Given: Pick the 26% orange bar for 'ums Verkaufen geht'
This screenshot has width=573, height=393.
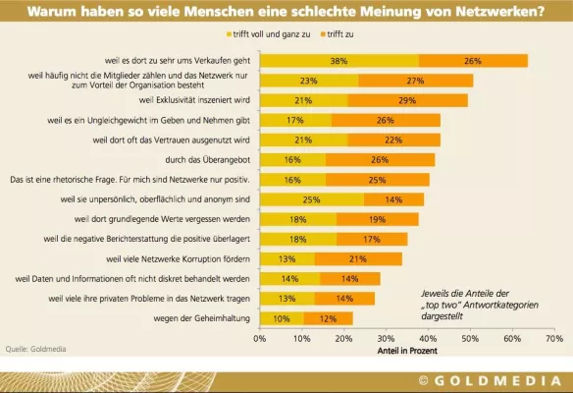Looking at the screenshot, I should click(x=473, y=61).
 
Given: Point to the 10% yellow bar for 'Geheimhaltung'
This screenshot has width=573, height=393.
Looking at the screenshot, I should click(x=281, y=318).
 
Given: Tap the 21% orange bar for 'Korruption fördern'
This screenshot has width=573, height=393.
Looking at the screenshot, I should click(x=358, y=259).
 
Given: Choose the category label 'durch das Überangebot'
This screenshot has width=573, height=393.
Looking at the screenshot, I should click(x=209, y=160).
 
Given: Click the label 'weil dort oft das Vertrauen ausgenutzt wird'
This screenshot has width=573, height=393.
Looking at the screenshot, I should click(x=170, y=140).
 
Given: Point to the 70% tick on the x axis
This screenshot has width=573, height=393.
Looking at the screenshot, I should click(x=553, y=337).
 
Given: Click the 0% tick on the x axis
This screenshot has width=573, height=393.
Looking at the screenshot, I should click(x=260, y=337).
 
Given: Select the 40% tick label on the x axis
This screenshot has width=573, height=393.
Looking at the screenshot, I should click(x=428, y=337).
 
